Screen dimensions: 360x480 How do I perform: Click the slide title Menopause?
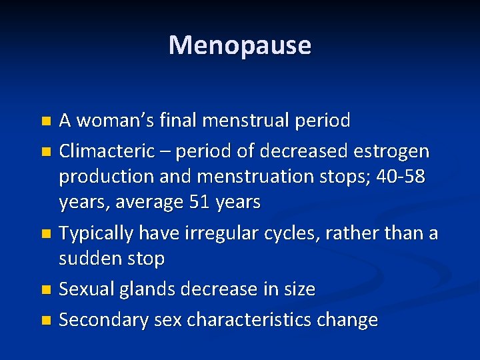point(240,45)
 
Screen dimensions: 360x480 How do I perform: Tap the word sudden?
point(89,258)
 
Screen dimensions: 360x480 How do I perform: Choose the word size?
point(298,289)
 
